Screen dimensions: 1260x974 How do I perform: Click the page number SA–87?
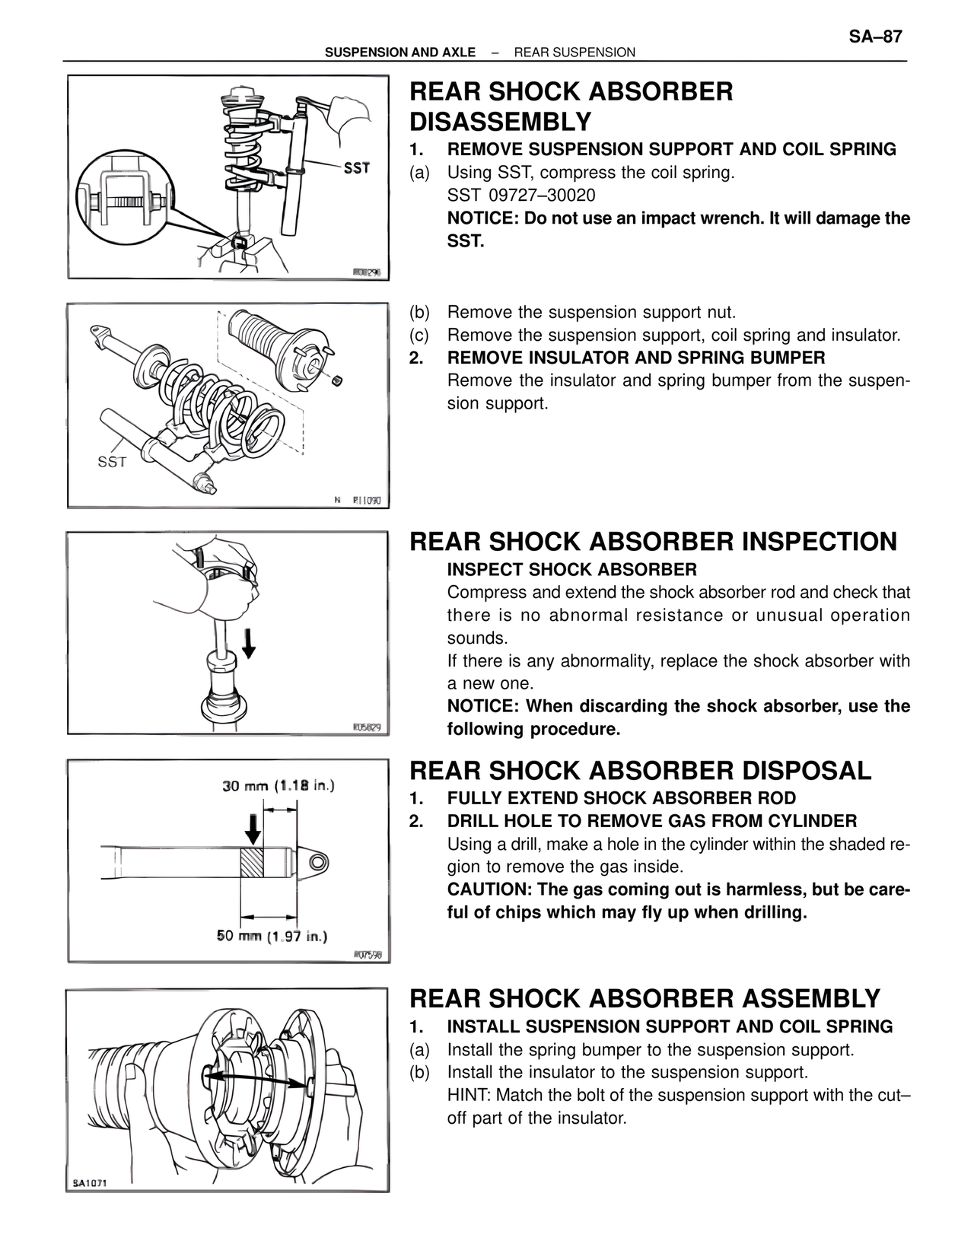(x=875, y=37)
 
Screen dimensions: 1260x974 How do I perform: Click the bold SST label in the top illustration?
(x=356, y=167)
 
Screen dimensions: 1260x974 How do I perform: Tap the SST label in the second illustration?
(x=112, y=462)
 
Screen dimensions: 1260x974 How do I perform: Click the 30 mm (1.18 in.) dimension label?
(x=278, y=785)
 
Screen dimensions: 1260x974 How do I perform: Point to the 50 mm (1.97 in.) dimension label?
(x=272, y=936)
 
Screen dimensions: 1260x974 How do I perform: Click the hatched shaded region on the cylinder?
(x=251, y=861)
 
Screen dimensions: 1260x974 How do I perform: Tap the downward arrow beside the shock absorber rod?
(x=248, y=643)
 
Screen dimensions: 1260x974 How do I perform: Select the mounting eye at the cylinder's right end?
(x=317, y=861)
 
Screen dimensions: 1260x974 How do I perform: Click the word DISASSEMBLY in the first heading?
(x=500, y=122)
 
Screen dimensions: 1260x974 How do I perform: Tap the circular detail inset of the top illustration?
(x=124, y=200)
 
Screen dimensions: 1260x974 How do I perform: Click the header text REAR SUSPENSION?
(x=575, y=52)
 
